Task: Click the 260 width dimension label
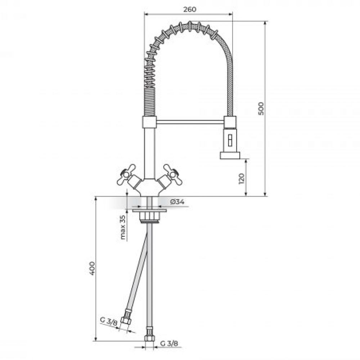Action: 190,9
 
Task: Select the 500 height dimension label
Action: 261,109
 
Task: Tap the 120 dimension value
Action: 241,179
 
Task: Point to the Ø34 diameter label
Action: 177,202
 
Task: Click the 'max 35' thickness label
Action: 123,227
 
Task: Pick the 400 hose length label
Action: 92,268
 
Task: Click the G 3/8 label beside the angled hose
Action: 109,321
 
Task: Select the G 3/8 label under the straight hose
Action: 169,343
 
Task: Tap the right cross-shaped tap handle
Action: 173,175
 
